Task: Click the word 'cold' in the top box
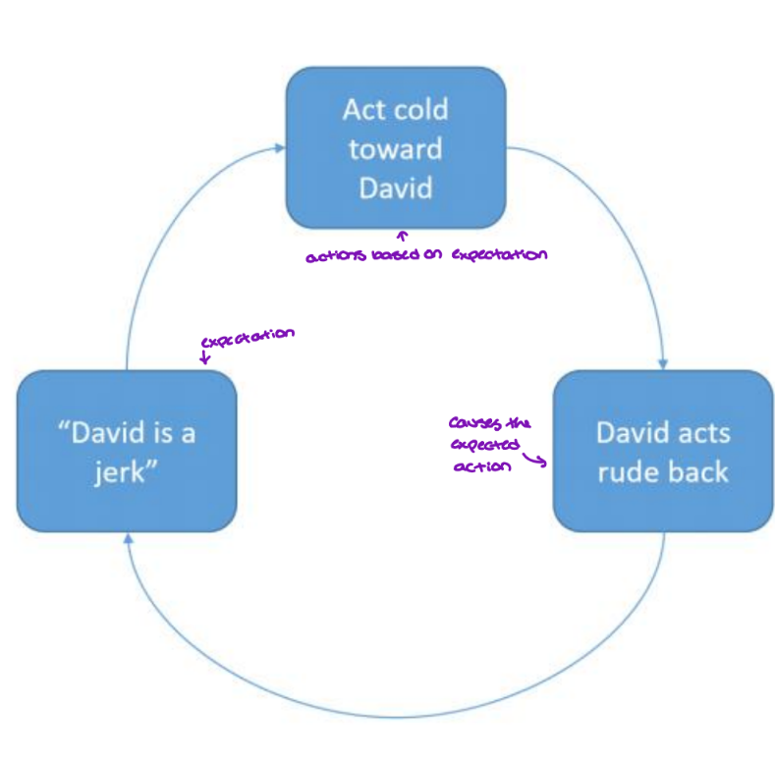(421, 109)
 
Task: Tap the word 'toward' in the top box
(395, 148)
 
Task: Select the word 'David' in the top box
(395, 187)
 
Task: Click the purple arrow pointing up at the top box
(402, 237)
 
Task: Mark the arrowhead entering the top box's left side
(280, 149)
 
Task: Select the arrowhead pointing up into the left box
(128, 538)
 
